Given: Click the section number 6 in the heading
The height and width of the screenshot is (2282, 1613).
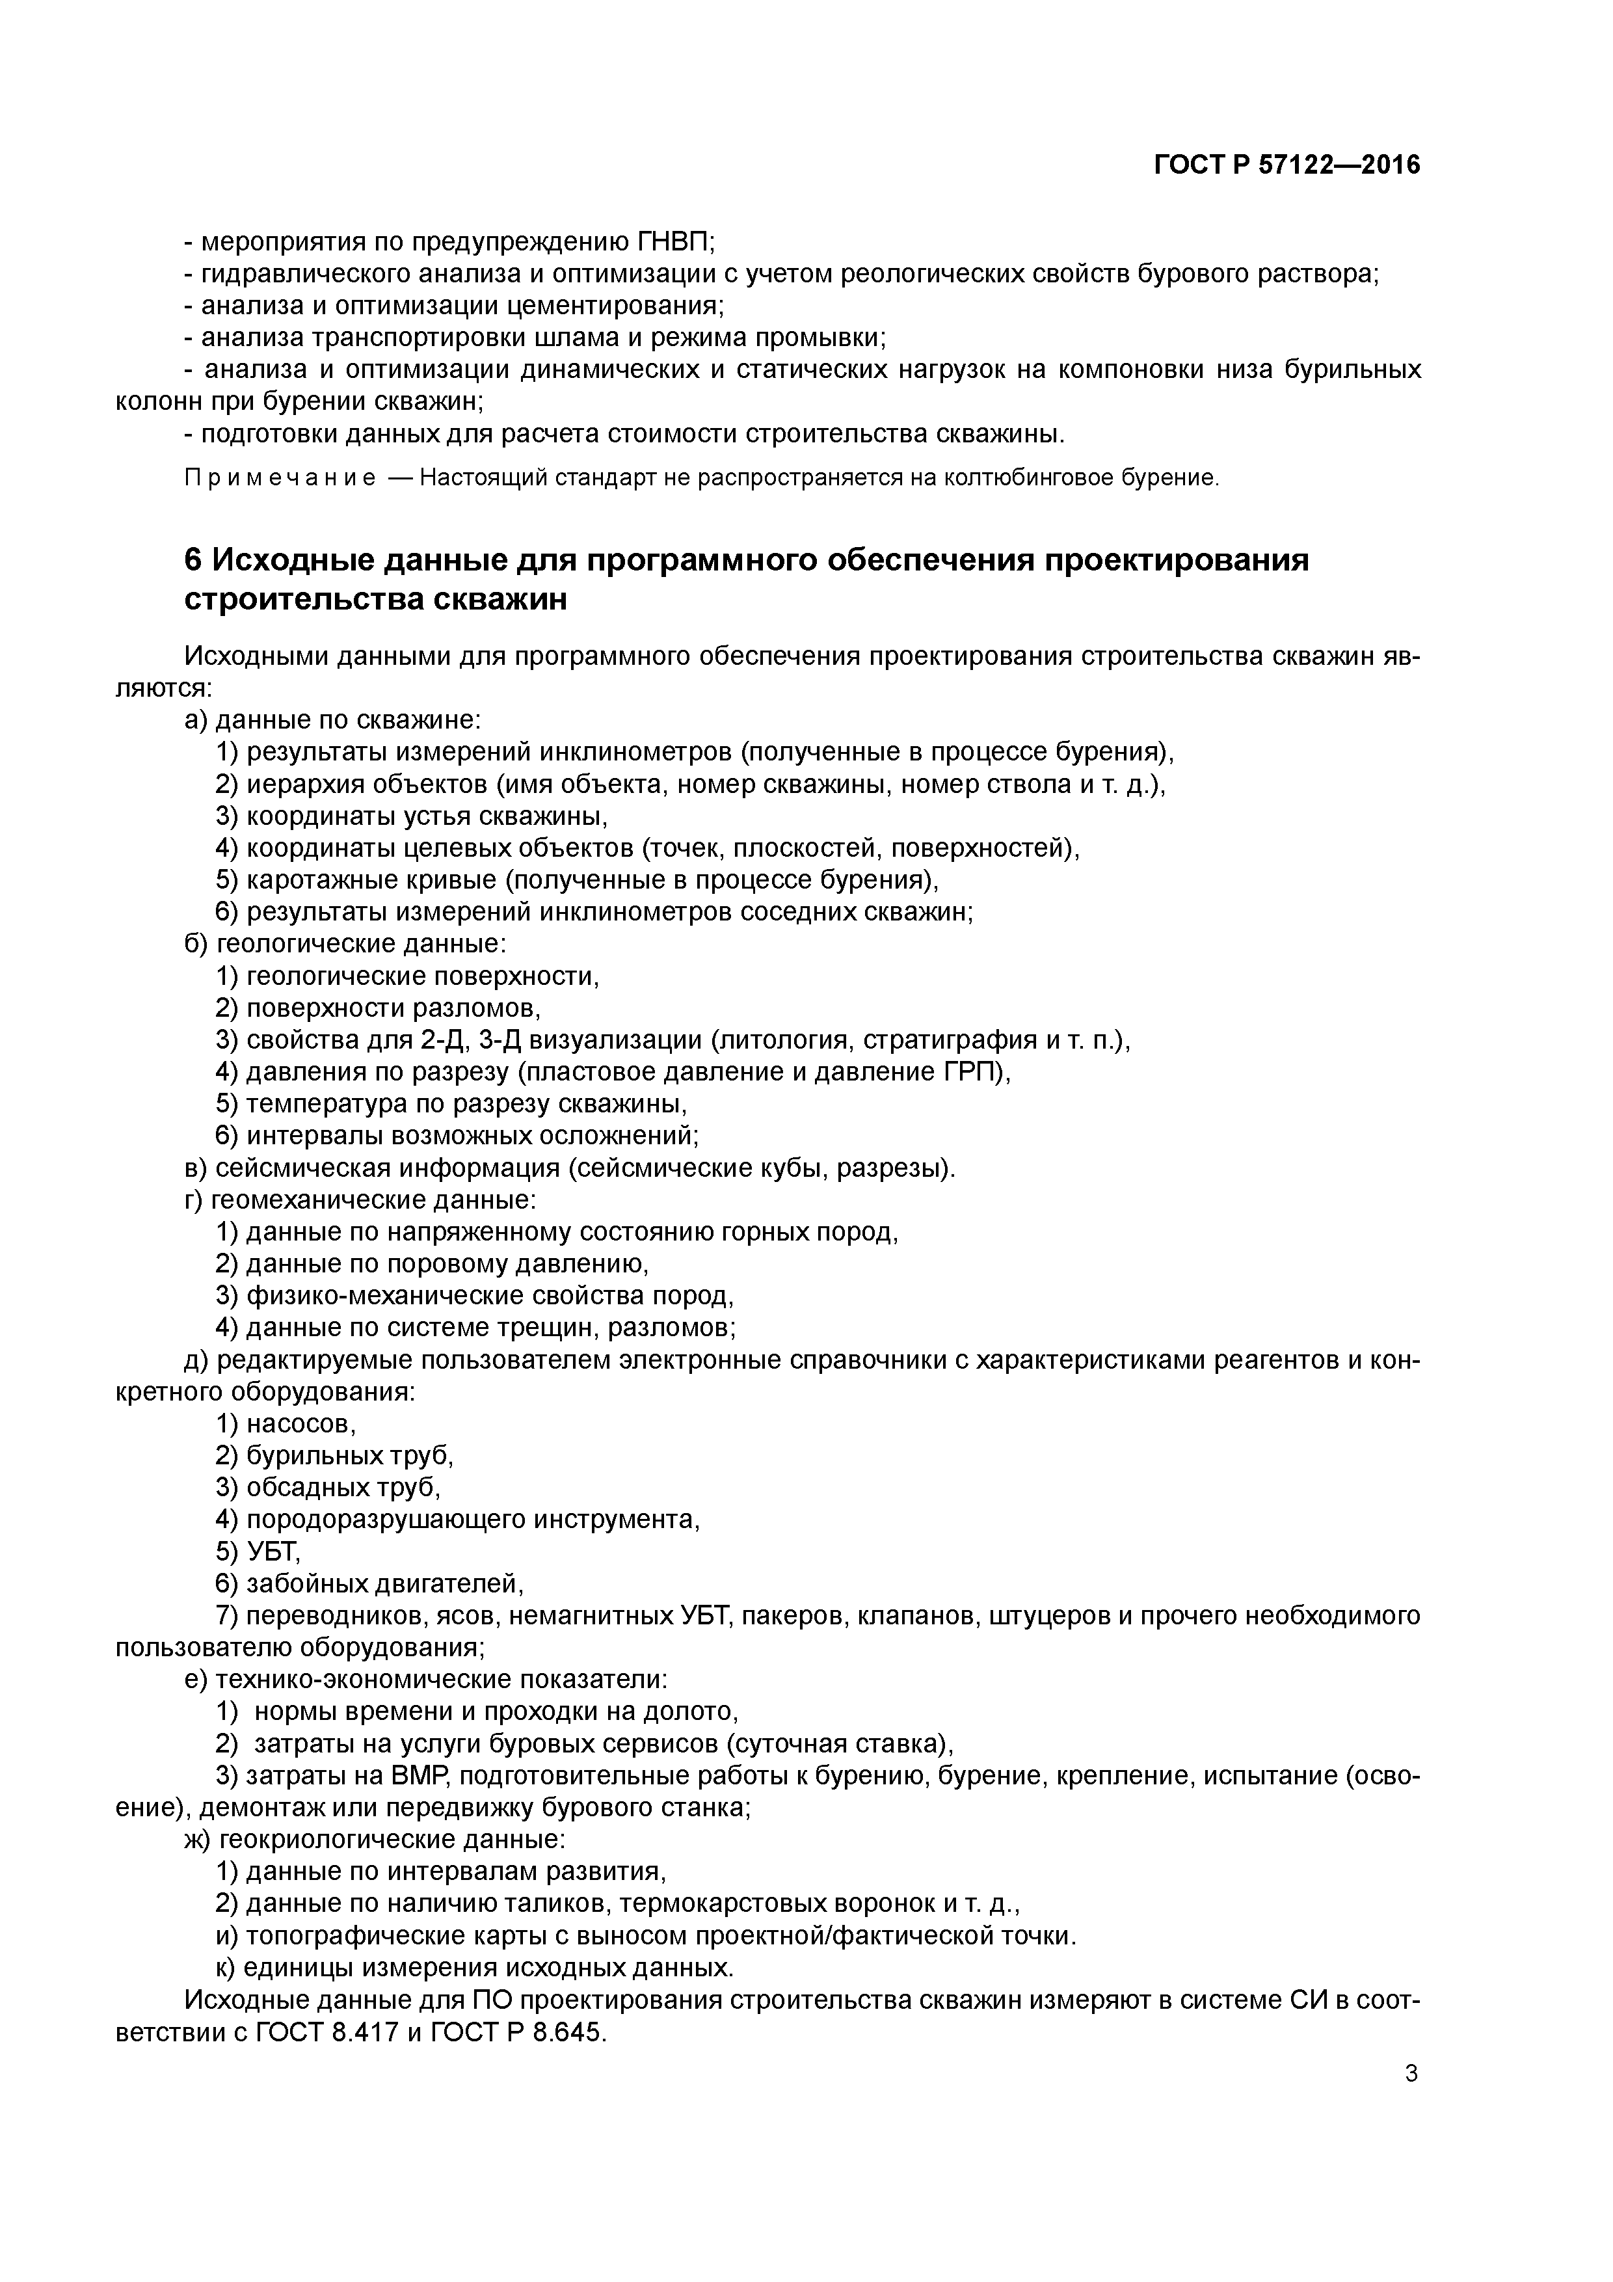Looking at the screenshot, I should (x=194, y=561).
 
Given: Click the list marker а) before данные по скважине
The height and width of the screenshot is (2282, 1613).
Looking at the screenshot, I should (x=197, y=719).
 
